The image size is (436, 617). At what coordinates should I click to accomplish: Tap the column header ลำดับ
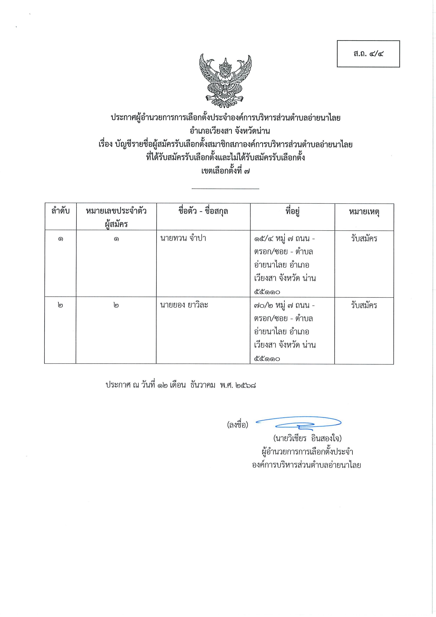[60, 211]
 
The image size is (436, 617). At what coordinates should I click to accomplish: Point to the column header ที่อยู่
[292, 211]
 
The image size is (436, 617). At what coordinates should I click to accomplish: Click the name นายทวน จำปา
[183, 238]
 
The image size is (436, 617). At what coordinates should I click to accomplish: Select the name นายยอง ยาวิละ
[184, 305]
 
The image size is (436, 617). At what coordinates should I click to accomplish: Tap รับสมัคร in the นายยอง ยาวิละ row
[364, 305]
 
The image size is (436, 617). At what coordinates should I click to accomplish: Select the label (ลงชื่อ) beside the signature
[238, 425]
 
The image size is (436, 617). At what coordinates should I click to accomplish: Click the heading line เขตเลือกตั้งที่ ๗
[225, 171]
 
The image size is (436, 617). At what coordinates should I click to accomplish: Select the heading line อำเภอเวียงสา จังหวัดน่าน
[226, 131]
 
